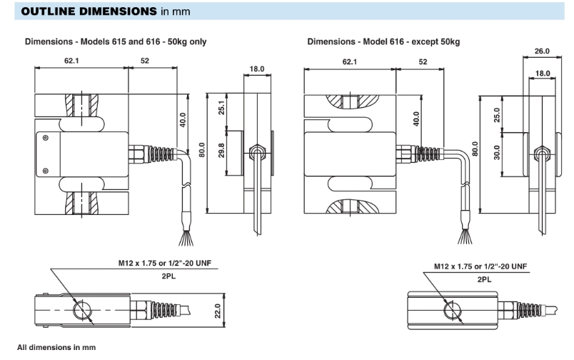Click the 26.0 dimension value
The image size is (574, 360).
coord(541,51)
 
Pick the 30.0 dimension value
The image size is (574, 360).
coord(498,154)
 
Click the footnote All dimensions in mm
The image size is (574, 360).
coord(56,347)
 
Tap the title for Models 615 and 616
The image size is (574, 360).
coord(116,41)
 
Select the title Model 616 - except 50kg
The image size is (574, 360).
coord(383,41)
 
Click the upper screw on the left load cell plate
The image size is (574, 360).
coord(46,138)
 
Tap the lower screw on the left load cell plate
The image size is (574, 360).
coord(46,170)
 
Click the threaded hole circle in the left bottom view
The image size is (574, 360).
coord(83,309)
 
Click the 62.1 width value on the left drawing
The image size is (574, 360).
coord(71,61)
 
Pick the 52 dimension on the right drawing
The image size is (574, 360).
coord(423,62)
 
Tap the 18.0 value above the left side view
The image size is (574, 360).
coord(257,69)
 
